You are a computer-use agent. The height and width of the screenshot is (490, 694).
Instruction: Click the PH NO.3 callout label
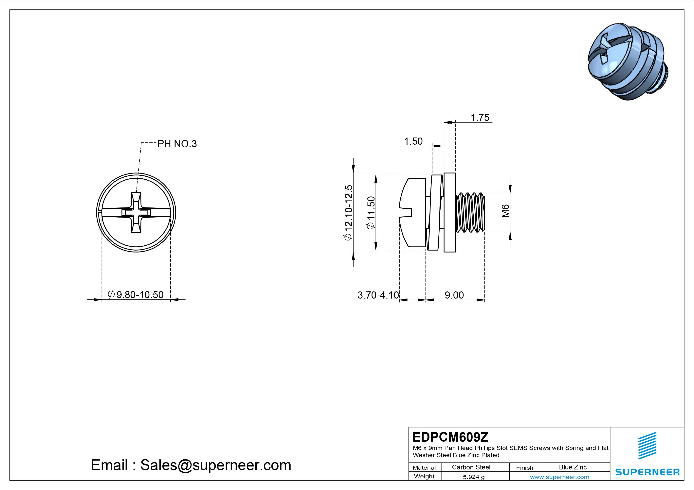coord(177,144)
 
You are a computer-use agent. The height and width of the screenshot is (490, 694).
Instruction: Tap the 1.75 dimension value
coord(480,117)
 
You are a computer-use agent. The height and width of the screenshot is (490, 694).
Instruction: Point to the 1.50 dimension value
coord(413,141)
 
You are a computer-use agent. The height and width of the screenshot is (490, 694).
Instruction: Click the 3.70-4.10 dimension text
coord(378,295)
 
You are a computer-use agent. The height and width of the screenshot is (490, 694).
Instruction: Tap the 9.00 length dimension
coord(454,295)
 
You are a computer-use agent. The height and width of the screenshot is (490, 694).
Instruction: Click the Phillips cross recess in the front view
coord(136,213)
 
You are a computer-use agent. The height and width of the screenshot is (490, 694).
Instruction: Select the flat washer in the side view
coord(450,213)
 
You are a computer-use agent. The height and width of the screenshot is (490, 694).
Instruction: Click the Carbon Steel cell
coord(471,467)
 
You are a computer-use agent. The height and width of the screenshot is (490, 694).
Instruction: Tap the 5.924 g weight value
coord(474,477)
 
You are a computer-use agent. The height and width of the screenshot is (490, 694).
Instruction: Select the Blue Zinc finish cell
coord(573,467)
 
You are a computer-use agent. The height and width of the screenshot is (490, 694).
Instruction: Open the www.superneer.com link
coord(559,477)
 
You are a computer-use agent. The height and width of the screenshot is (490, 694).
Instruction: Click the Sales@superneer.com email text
coord(215,465)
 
